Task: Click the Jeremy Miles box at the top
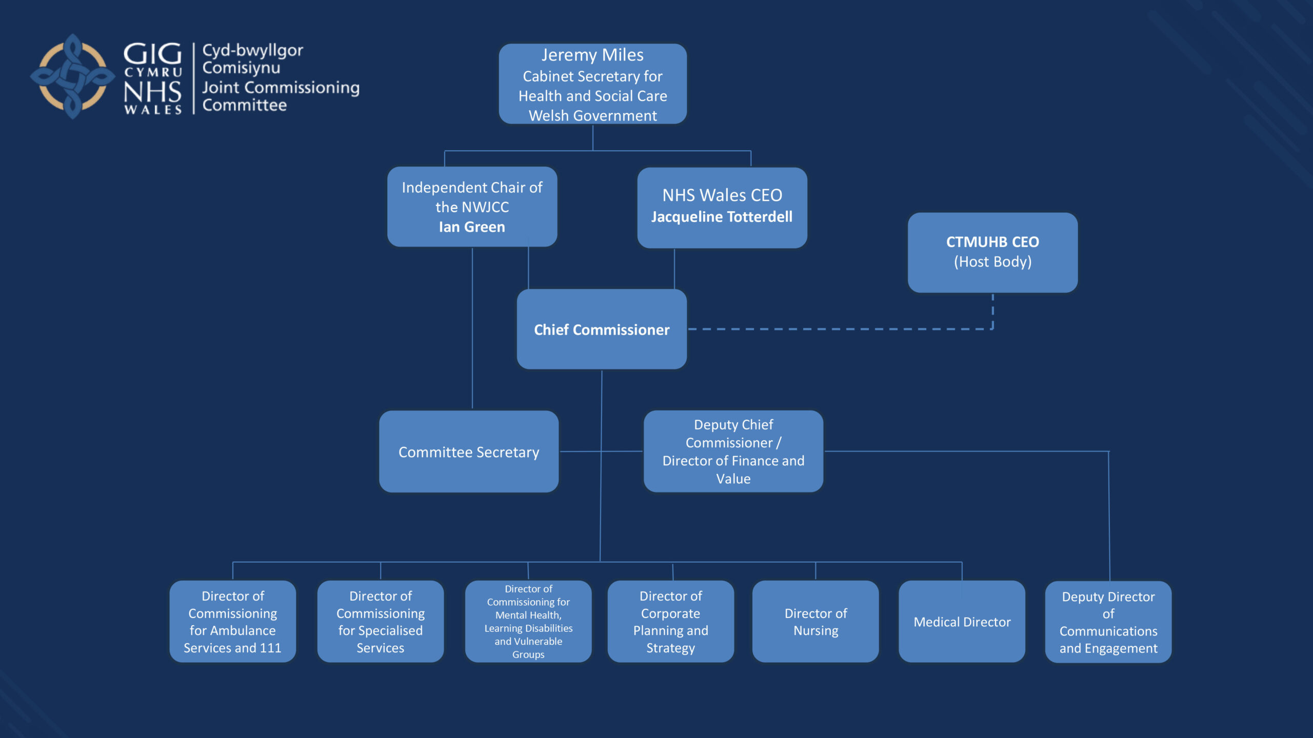click(x=592, y=84)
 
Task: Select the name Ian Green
click(x=471, y=227)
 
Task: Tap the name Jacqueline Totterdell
click(x=722, y=217)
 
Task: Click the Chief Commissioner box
click(x=601, y=330)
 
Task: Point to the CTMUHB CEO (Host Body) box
click(x=992, y=252)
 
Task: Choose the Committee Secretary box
click(x=468, y=452)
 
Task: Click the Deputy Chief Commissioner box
click(x=733, y=451)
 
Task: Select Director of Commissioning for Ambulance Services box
click(x=232, y=621)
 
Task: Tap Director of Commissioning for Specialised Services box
click(x=380, y=621)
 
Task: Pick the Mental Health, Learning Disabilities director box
click(x=528, y=621)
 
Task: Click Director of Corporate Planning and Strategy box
click(x=670, y=621)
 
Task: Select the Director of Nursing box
click(x=815, y=621)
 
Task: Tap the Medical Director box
click(x=962, y=621)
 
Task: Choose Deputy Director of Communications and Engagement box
click(x=1108, y=622)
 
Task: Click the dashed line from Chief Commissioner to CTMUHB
click(x=841, y=329)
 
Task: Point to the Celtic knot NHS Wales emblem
click(x=72, y=77)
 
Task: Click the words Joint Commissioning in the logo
click(x=281, y=88)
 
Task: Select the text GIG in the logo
click(x=152, y=54)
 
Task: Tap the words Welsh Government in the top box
click(x=592, y=116)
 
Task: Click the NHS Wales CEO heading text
click(x=722, y=195)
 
